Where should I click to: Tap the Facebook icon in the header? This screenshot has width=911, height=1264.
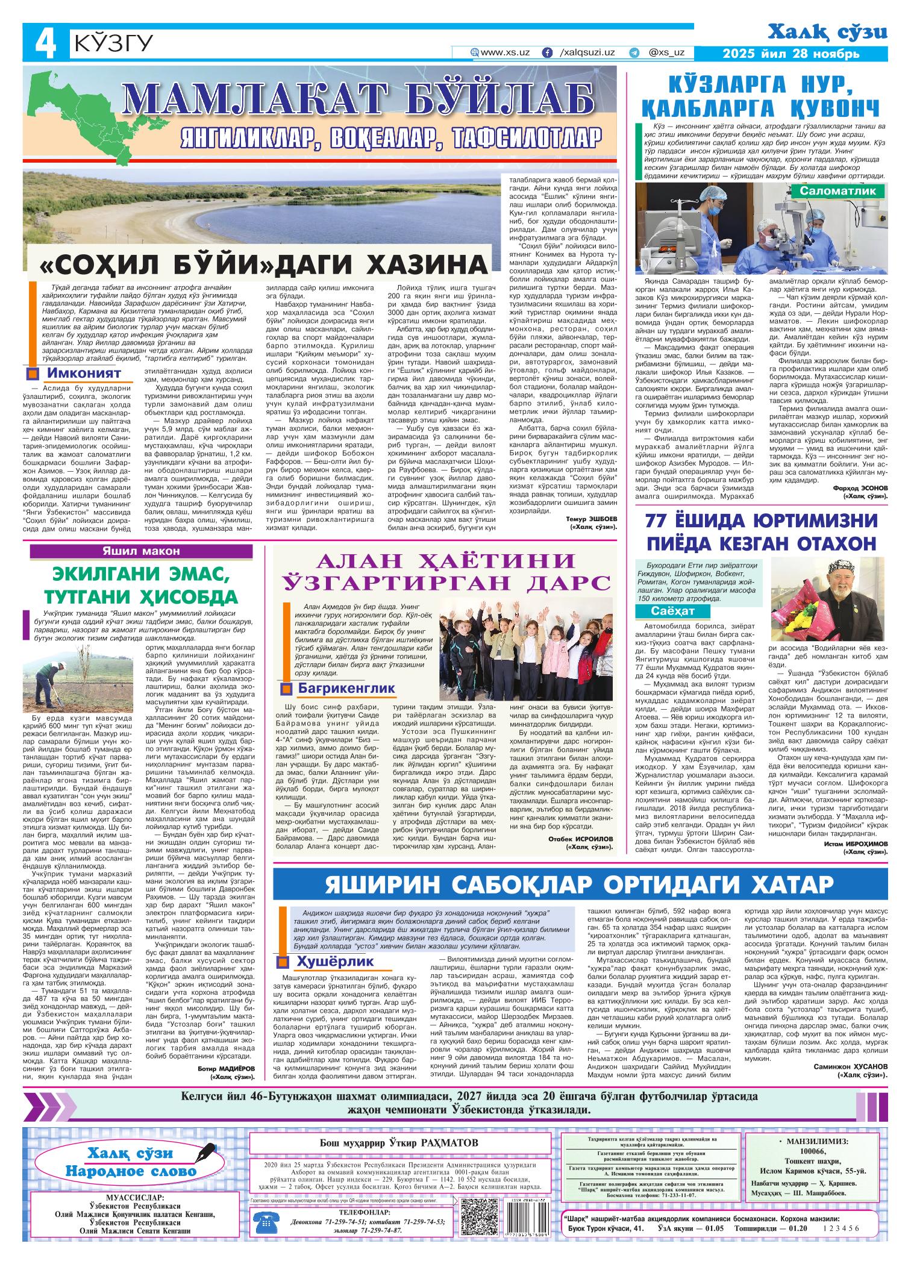point(547,52)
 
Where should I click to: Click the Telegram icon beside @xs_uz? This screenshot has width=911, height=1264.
point(634,52)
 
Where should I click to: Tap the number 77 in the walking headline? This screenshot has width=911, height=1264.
point(660,520)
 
